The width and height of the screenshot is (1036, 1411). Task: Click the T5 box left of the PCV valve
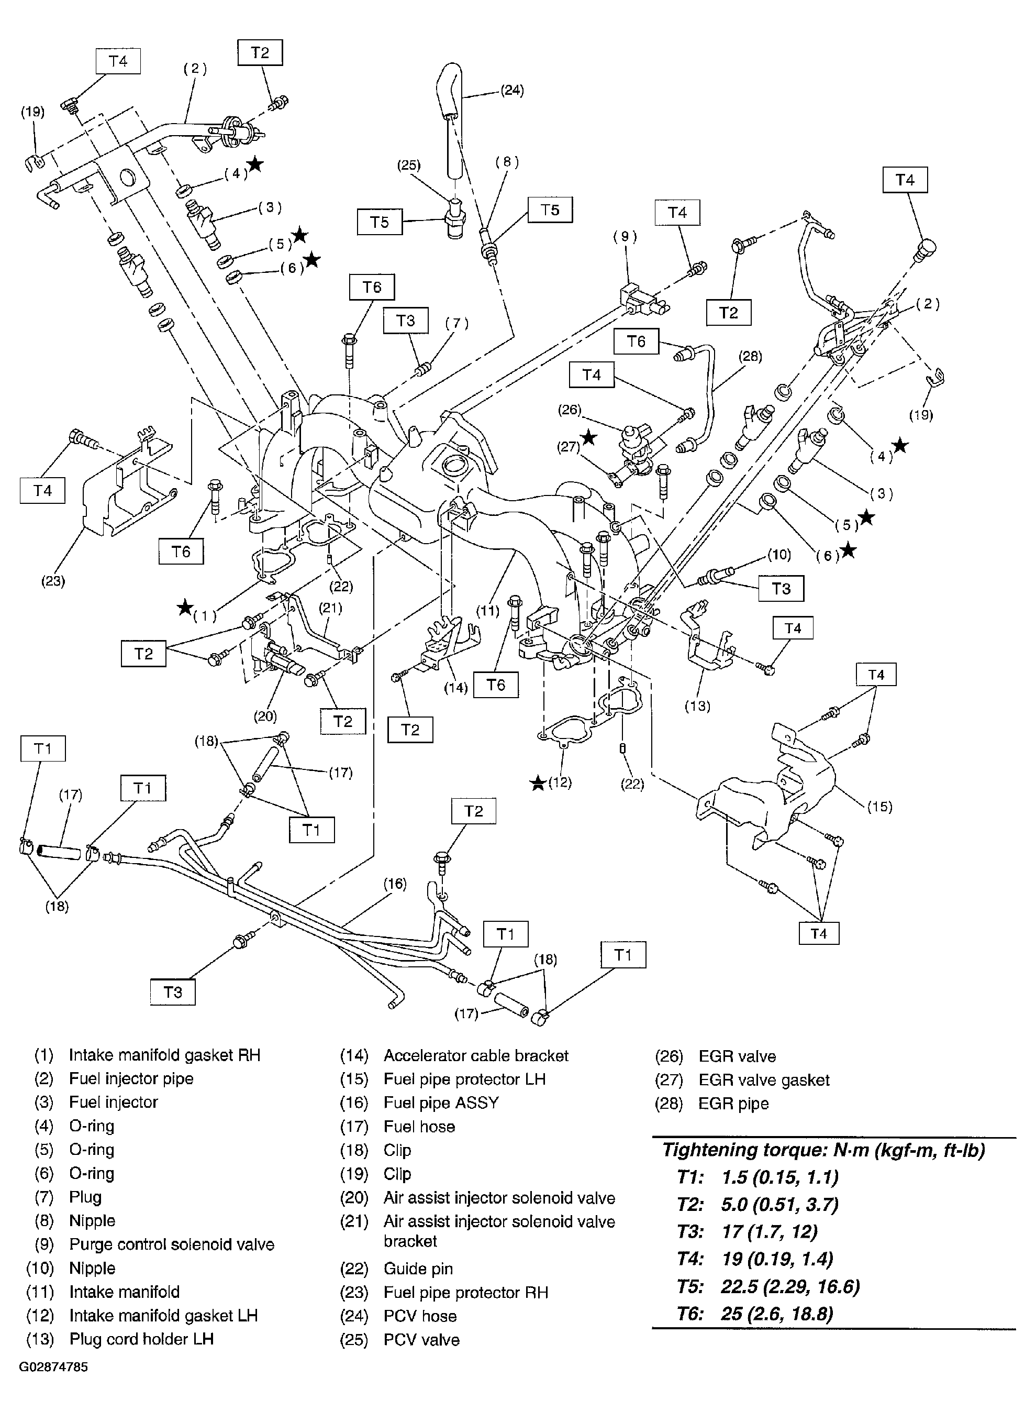(x=380, y=222)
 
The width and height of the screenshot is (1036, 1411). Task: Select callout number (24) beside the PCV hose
(x=512, y=90)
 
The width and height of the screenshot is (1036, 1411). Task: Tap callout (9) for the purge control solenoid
(x=625, y=237)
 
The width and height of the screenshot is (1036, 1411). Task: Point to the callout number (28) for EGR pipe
(x=750, y=356)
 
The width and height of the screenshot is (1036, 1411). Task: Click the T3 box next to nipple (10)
(x=781, y=589)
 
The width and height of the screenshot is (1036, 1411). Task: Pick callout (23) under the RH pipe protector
(x=53, y=581)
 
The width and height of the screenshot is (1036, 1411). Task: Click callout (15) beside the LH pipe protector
(x=879, y=807)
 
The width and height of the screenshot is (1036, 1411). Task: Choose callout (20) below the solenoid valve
(x=265, y=716)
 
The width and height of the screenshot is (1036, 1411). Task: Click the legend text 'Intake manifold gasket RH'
(x=164, y=1055)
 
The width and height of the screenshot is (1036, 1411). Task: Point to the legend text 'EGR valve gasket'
(x=764, y=1080)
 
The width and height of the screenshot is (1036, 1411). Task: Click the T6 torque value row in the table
(x=756, y=1314)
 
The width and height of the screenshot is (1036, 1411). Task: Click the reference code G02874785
(x=53, y=1367)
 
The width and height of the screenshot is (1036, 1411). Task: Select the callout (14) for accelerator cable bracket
(x=456, y=688)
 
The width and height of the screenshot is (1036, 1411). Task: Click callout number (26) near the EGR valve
(x=570, y=410)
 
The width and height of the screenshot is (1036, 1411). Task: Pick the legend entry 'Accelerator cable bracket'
(x=475, y=1055)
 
